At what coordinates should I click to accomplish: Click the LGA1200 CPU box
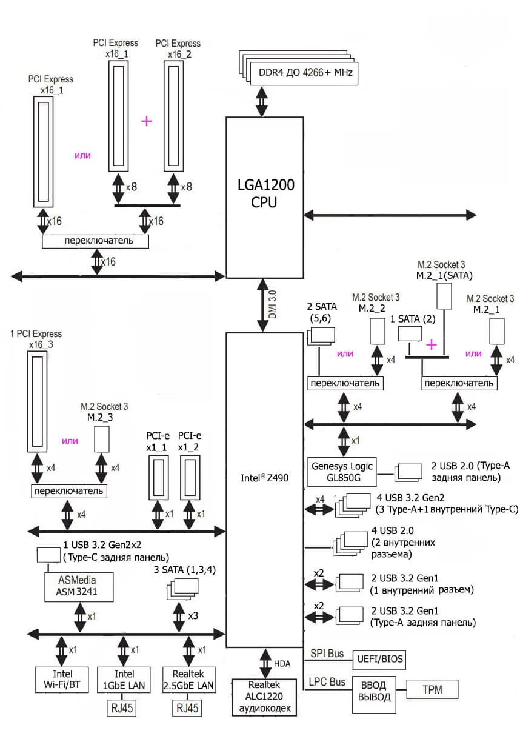point(264,197)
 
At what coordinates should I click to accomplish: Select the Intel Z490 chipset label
point(264,478)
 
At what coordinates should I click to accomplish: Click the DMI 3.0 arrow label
point(272,304)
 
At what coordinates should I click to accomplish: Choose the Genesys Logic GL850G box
point(342,471)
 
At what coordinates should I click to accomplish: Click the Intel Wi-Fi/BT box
point(62,680)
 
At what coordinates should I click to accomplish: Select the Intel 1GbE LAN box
point(124,680)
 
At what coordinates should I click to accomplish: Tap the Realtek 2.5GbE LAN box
point(188,680)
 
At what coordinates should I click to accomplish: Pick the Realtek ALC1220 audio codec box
point(264,697)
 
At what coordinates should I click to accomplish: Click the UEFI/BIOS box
point(379,658)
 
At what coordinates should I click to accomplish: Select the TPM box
point(432,689)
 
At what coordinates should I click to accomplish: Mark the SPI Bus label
point(327,653)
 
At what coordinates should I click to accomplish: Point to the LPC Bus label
point(327,682)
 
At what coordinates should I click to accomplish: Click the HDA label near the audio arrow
point(282,664)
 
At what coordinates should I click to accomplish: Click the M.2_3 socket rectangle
point(102,438)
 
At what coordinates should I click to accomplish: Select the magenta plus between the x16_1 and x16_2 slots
point(146,121)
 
